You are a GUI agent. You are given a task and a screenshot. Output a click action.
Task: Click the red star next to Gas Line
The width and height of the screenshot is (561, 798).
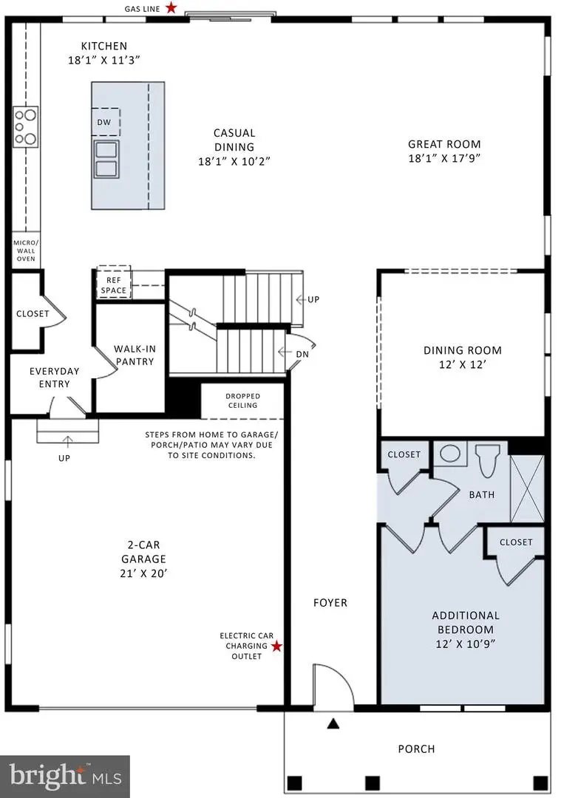click(171, 8)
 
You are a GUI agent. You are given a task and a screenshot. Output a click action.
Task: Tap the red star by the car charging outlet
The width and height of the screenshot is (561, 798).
click(276, 647)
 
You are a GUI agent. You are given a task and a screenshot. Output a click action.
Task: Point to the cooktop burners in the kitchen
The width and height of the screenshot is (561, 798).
click(25, 126)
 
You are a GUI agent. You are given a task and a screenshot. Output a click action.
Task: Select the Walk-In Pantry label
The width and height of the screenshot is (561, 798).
click(134, 355)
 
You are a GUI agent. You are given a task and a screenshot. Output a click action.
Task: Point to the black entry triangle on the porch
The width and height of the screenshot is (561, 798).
click(333, 723)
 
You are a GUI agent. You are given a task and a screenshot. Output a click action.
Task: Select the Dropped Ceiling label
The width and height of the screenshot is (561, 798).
click(242, 400)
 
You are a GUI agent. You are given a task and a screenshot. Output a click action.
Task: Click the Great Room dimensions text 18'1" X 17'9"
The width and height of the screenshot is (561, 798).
click(444, 158)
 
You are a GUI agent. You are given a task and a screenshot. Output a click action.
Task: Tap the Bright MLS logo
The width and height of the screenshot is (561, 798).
click(65, 775)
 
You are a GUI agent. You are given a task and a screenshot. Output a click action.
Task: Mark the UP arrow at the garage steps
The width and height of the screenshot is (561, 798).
click(67, 447)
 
